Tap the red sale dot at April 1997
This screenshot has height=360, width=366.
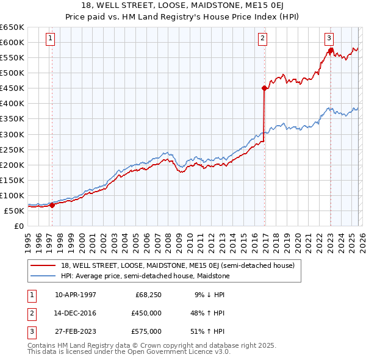pyautogui.click(x=52, y=205)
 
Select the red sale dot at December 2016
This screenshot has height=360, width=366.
pyautogui.click(x=264, y=88)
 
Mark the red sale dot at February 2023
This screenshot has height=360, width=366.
pyautogui.click(x=331, y=50)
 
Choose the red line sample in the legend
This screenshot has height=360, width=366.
pyautogui.click(x=43, y=265)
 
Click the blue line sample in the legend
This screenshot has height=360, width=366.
pyautogui.click(x=43, y=276)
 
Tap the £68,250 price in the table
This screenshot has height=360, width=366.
pyautogui.click(x=148, y=295)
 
